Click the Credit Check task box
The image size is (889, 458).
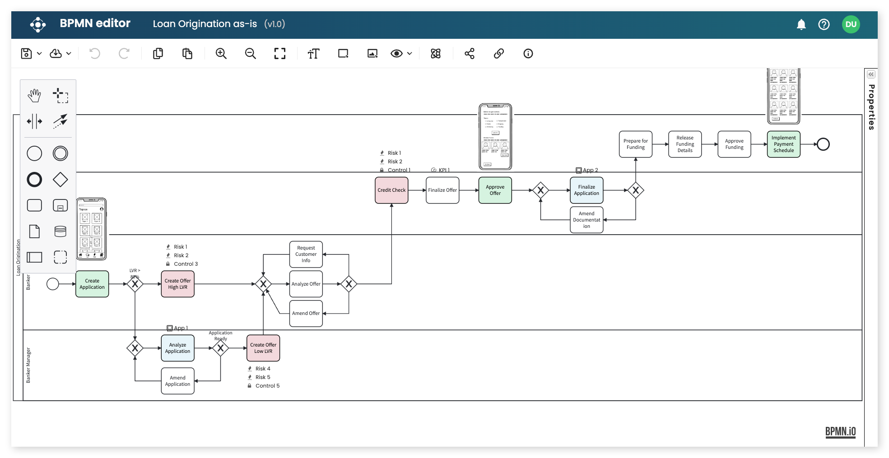coord(391,190)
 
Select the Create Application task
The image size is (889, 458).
coord(92,284)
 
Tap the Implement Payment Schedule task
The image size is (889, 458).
coord(783,144)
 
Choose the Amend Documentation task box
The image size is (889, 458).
coord(586,220)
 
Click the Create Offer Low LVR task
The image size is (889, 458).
coord(263,348)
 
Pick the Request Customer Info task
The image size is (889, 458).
coord(306,254)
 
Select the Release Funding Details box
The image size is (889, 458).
coord(684,144)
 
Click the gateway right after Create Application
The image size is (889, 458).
coord(135,284)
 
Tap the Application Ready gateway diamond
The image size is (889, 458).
coord(220,348)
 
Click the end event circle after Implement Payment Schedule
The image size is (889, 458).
coord(823,144)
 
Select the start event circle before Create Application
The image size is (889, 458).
coord(53,284)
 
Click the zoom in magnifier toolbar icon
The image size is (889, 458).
coord(221,54)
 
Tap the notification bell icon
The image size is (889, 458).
coord(801,24)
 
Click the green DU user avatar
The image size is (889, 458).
coord(851,24)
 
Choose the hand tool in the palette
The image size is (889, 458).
coord(34,96)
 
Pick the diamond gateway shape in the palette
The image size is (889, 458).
coord(60,180)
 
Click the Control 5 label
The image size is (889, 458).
coord(267,386)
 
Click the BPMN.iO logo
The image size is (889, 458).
coord(840,431)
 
